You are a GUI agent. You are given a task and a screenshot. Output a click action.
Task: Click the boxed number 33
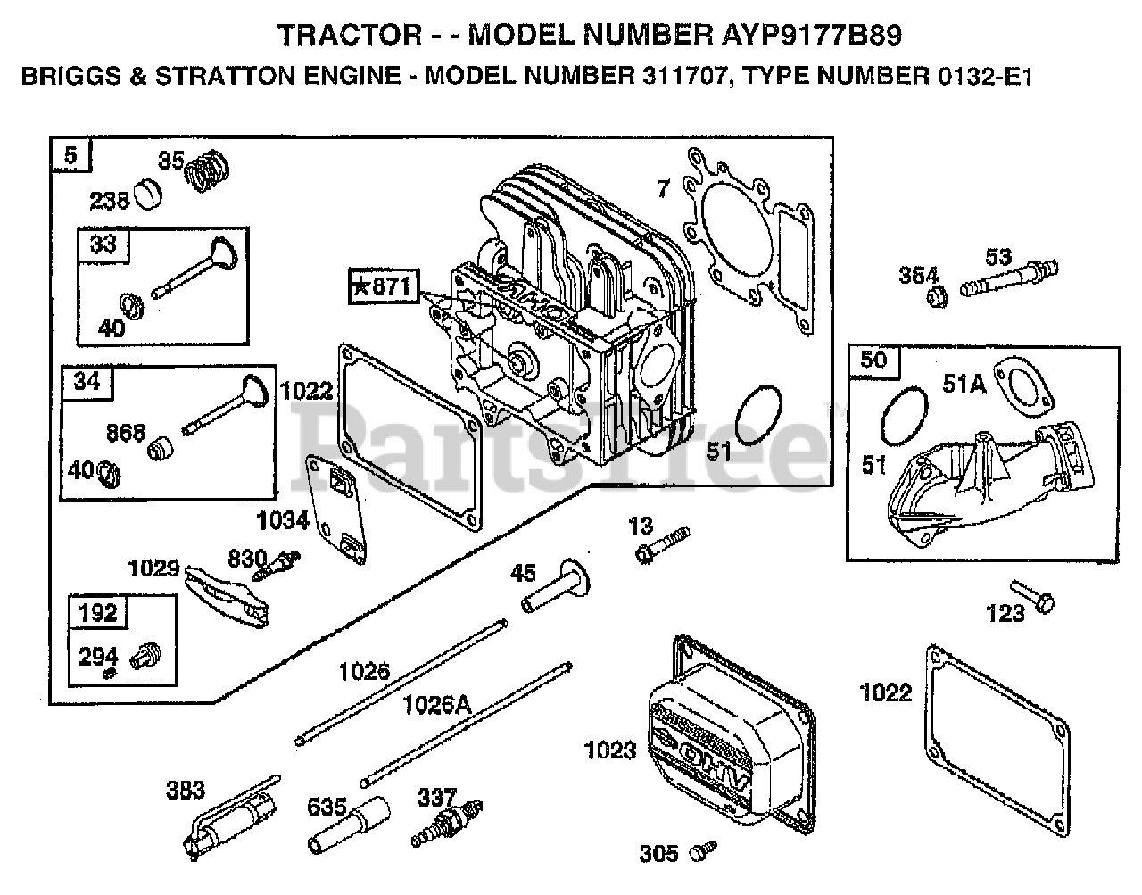tap(103, 244)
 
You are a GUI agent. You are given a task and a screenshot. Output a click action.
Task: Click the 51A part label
tap(964, 384)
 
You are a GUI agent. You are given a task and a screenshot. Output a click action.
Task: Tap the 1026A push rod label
tap(436, 705)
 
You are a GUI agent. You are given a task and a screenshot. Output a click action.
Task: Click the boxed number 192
tap(97, 612)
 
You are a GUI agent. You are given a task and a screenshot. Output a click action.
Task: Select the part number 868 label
tap(125, 432)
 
